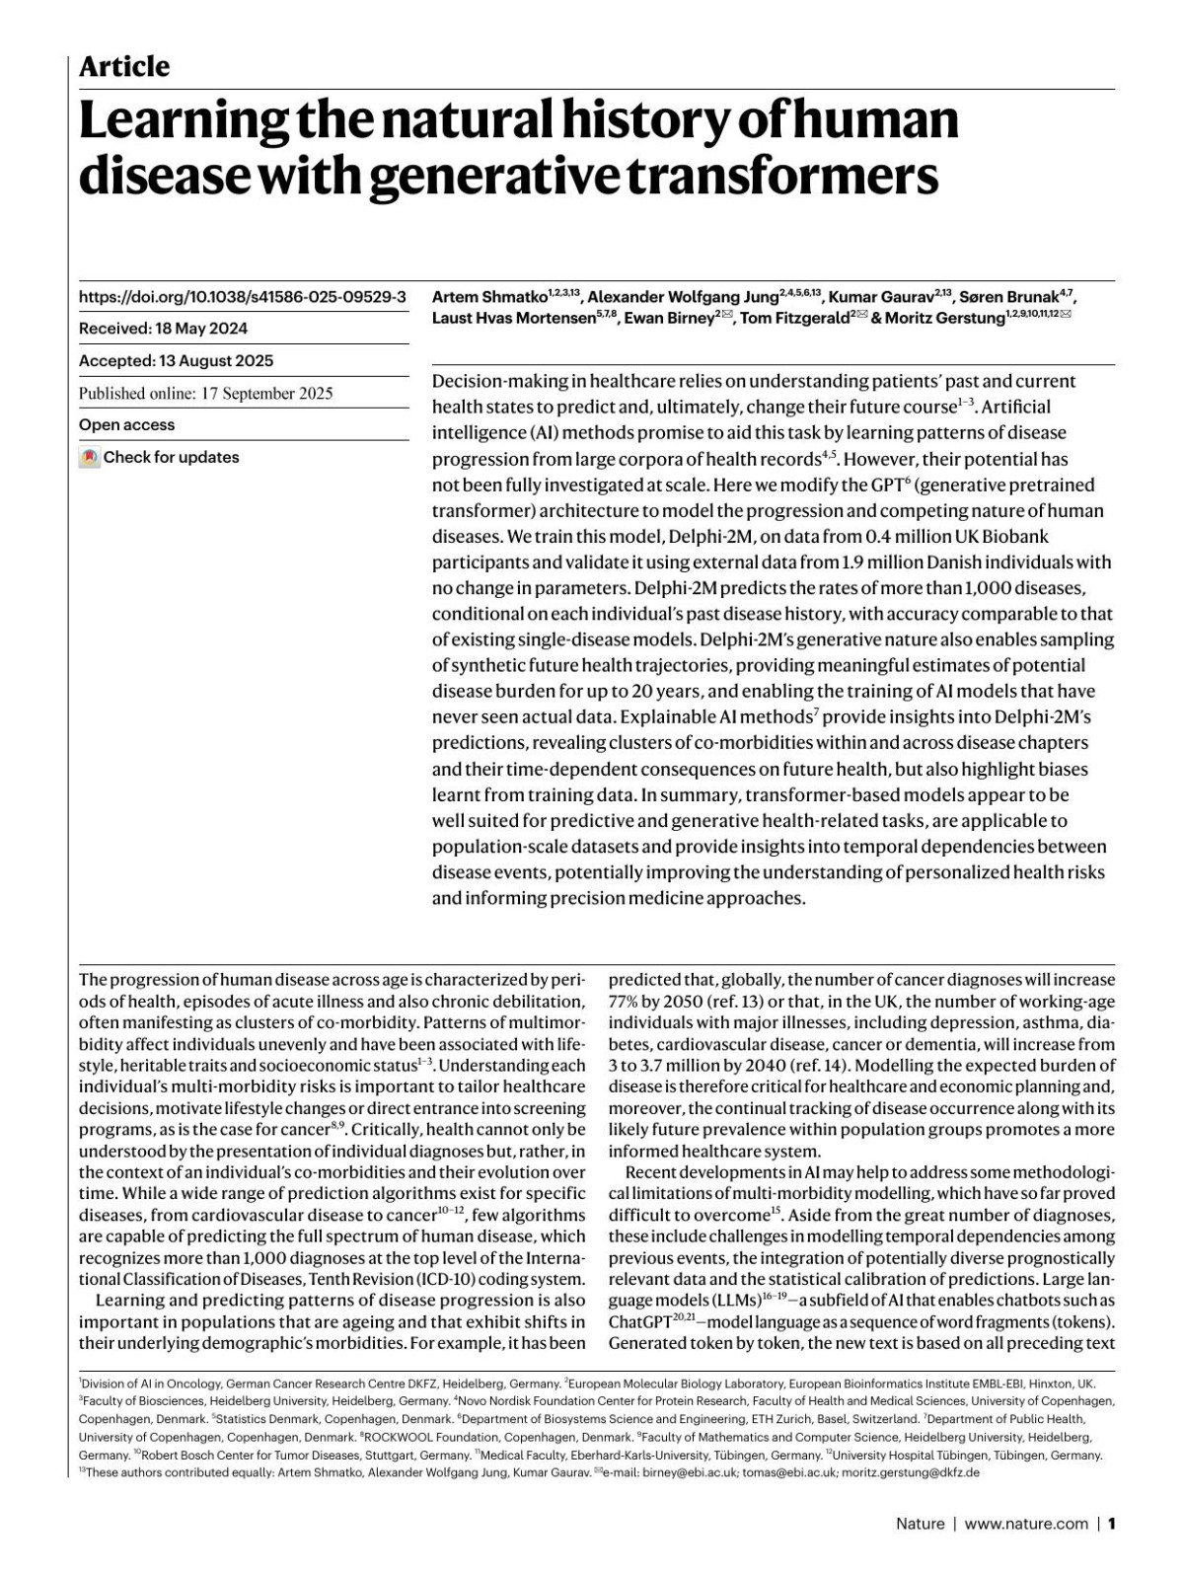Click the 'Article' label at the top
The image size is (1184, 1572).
(124, 67)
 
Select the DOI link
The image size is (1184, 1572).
(242, 296)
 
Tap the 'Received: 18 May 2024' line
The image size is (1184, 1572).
(163, 329)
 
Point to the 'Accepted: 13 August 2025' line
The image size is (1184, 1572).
(176, 361)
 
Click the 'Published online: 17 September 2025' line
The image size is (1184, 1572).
(205, 393)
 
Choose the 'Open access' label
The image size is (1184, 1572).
(126, 425)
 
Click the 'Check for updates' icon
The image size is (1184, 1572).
(90, 458)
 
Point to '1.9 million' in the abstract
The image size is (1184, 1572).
(890, 562)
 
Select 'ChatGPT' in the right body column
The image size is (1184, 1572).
(639, 1322)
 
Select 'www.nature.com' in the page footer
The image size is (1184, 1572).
(1026, 1524)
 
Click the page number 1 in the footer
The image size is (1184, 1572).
(1112, 1524)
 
